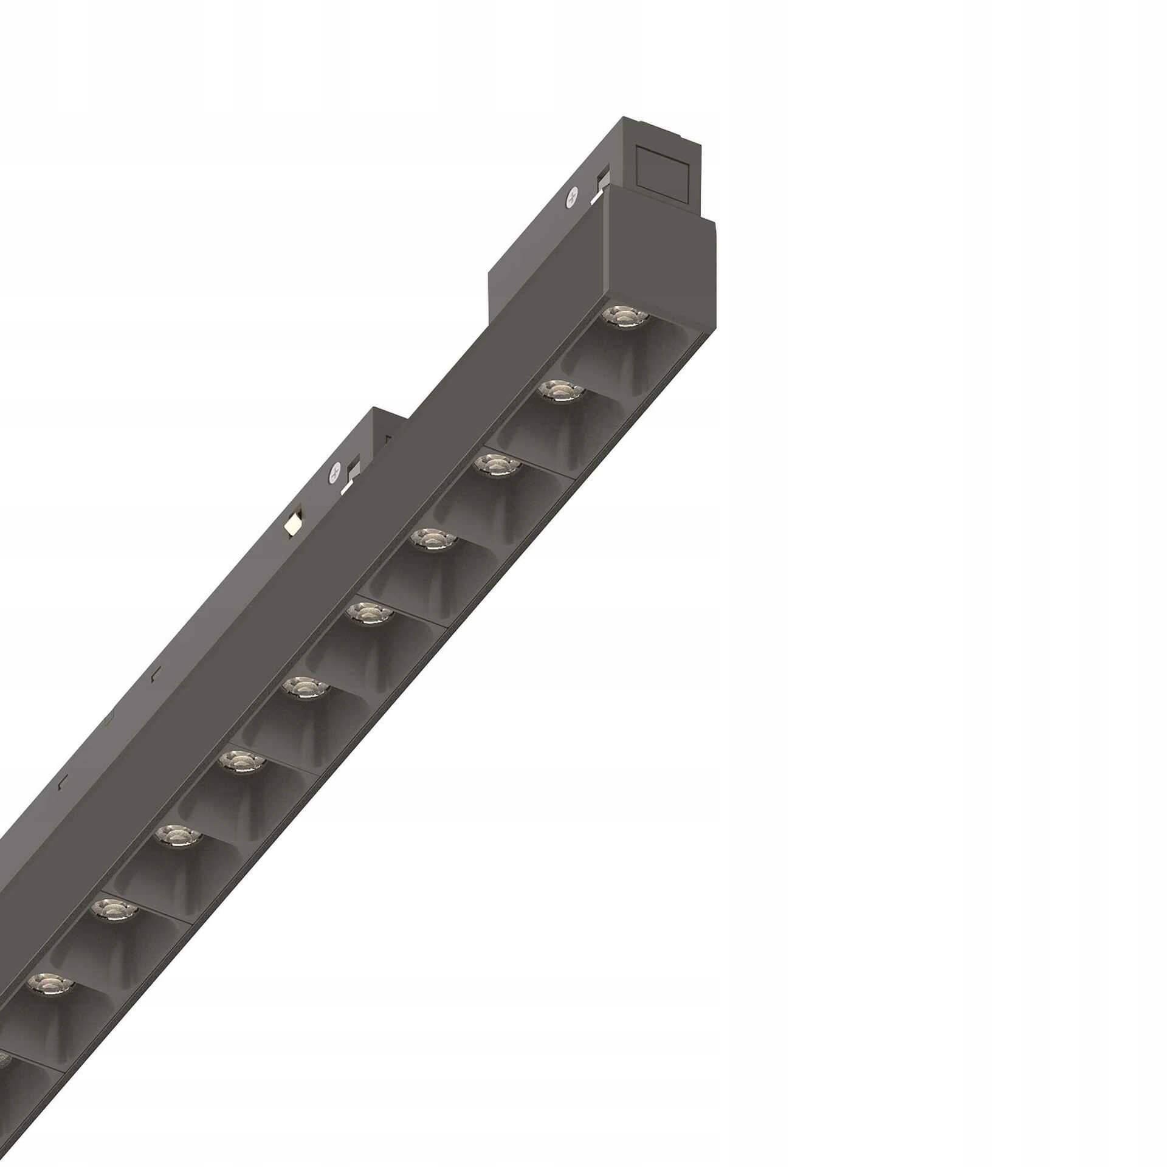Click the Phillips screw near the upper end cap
click(571, 196)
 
